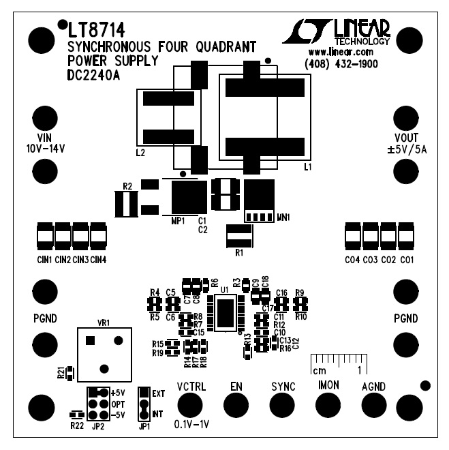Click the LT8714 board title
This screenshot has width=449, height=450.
96,31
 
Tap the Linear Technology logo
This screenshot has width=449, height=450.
336,31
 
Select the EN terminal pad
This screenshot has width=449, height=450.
236,406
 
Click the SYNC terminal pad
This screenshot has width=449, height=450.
282,406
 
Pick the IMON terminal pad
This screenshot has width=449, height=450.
328,406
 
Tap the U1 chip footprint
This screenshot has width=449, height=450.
226,314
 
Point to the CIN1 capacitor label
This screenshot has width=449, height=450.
45,260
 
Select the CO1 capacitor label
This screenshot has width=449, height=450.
406,260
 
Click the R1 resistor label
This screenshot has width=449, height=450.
238,253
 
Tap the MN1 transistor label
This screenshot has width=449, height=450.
283,217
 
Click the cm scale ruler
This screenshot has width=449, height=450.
339,363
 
